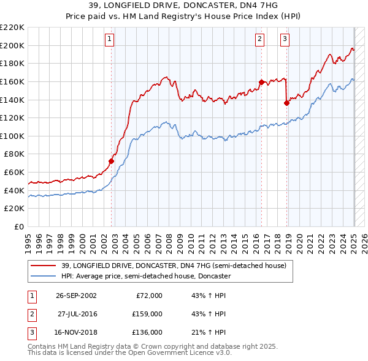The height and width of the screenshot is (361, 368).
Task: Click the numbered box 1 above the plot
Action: [x=109, y=39]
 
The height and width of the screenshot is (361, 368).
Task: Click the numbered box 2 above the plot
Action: [x=259, y=39]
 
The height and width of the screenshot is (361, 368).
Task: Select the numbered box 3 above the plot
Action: [x=285, y=39]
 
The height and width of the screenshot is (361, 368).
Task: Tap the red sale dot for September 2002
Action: [x=112, y=161]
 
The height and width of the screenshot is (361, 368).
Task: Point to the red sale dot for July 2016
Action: [x=261, y=82]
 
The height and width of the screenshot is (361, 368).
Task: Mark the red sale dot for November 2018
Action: [x=286, y=103]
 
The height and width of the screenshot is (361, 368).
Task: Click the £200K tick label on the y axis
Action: [x=12, y=45]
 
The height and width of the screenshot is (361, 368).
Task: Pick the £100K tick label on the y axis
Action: [x=12, y=136]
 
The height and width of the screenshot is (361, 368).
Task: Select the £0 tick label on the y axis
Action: [x=18, y=226]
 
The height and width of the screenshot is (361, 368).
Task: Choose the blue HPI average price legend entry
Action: [x=145, y=276]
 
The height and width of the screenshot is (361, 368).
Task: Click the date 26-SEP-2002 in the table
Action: [x=76, y=296]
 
